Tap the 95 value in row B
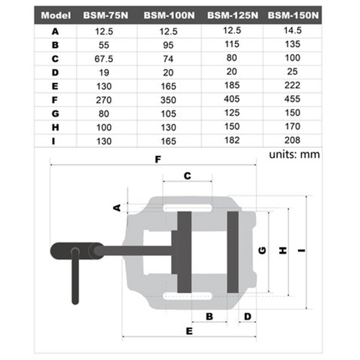[168, 46]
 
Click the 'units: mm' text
[294, 154]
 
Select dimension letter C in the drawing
[187, 176]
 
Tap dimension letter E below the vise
[188, 331]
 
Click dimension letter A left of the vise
[118, 207]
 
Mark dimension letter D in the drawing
[247, 316]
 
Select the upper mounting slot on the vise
[188, 208]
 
